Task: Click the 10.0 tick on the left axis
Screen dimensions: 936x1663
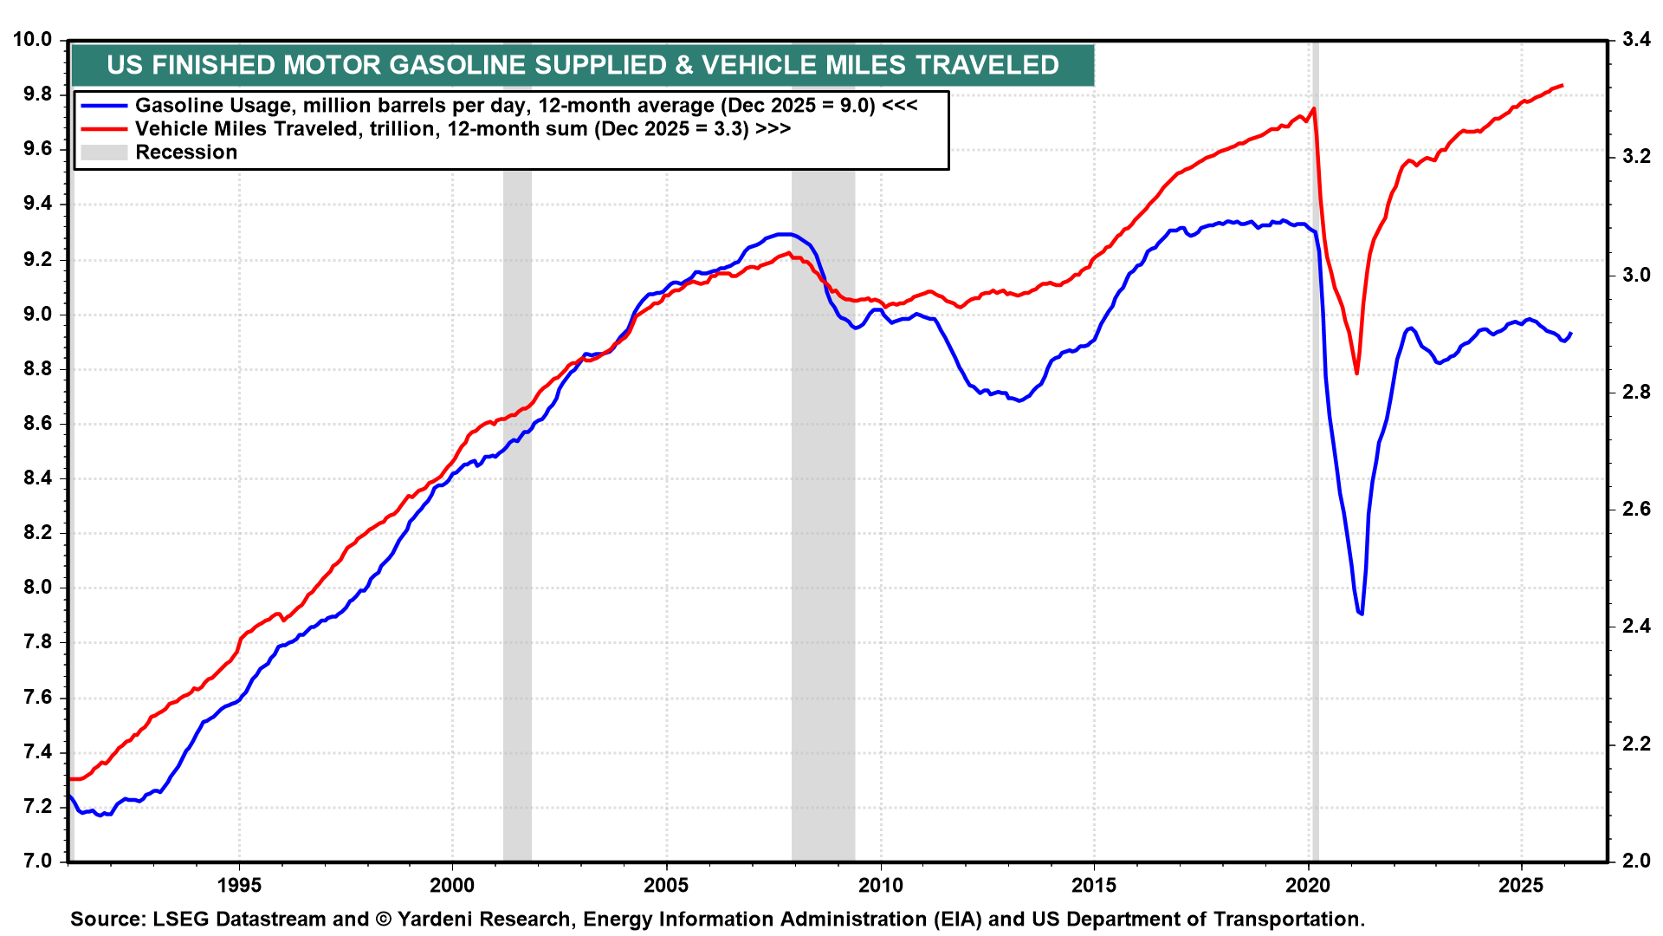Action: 32,40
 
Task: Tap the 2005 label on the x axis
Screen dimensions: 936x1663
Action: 666,885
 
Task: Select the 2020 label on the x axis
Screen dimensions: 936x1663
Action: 1308,885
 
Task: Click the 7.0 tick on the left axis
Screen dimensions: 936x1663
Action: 36,861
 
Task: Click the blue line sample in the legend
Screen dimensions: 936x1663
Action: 104,106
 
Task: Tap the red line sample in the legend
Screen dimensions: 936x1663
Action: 104,129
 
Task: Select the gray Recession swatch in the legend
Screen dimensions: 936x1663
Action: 104,153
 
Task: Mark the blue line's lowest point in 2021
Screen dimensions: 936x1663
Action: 1362,614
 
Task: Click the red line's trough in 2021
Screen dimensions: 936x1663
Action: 1356,373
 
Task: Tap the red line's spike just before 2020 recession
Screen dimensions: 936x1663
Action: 1314,108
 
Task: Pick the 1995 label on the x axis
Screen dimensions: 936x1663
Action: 239,885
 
